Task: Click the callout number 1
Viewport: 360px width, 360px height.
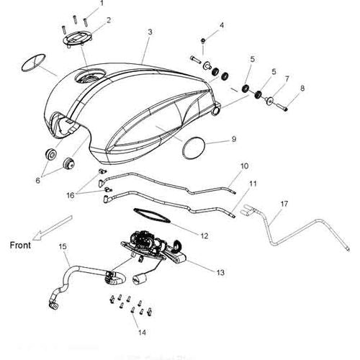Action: pos(102,3)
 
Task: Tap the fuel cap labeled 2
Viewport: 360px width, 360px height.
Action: pos(78,39)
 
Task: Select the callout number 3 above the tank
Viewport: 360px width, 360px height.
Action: pos(150,32)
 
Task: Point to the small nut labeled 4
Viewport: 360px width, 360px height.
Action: pos(203,41)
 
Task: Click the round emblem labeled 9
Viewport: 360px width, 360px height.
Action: pos(194,148)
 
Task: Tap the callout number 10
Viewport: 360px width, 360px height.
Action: pos(244,166)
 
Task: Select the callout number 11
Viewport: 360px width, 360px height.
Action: pos(253,184)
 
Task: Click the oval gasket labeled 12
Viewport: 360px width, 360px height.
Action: pos(152,215)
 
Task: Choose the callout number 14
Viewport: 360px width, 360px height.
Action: pos(142,333)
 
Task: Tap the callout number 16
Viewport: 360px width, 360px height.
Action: pos(71,195)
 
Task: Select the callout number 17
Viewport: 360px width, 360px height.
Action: pos(284,204)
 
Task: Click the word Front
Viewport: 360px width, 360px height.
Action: pos(20,246)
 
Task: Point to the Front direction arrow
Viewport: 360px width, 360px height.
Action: pos(53,228)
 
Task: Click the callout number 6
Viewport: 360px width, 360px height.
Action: pos(37,180)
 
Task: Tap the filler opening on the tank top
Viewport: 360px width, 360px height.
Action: pos(89,76)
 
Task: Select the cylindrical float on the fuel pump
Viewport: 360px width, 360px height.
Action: pos(140,279)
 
